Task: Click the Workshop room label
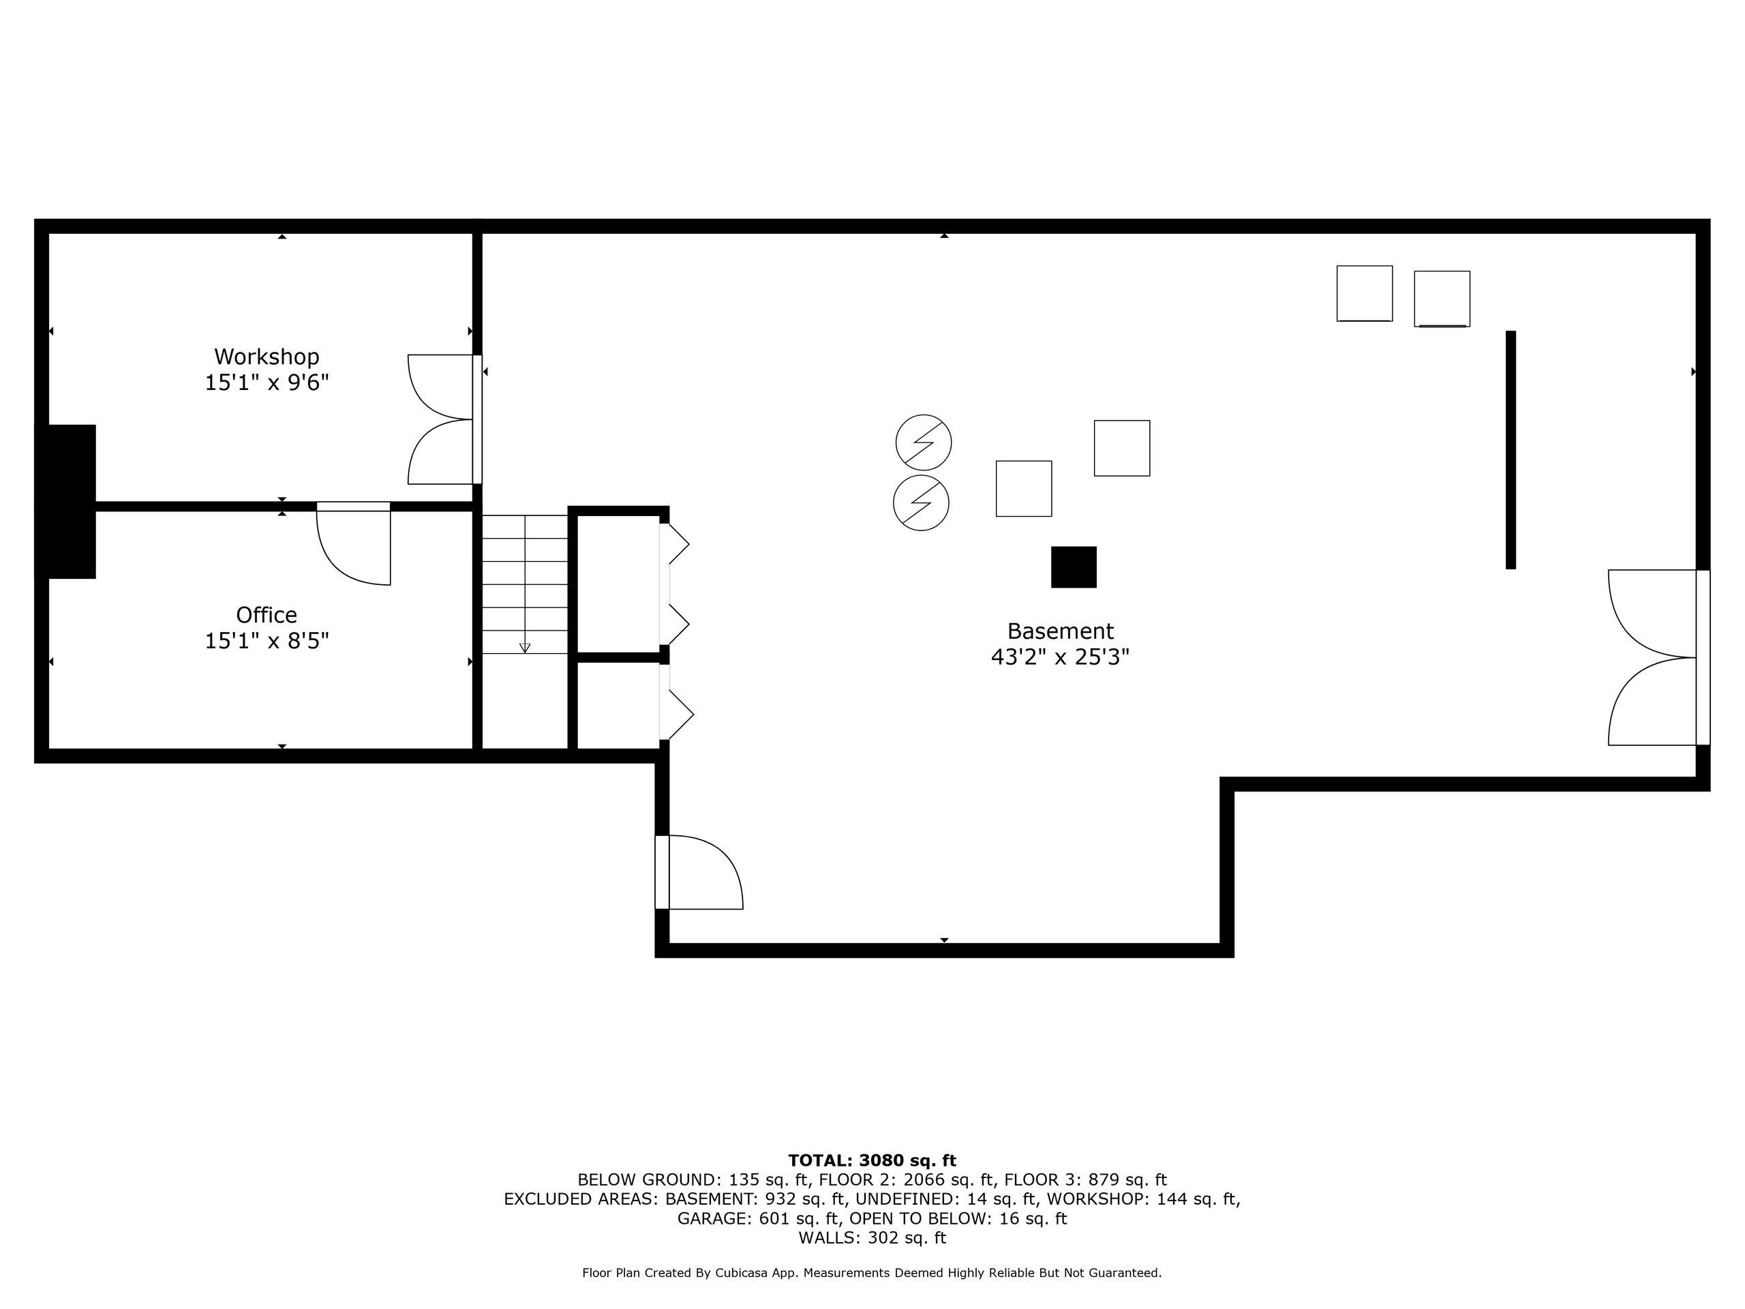267,357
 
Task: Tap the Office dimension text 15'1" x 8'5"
267,641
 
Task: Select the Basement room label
1060,631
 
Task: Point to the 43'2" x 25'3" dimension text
1060,657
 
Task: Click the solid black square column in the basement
1074,567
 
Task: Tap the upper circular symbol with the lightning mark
924,442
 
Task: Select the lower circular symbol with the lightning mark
921,502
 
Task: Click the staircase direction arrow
525,647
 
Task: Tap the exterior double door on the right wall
1653,657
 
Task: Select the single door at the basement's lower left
702,872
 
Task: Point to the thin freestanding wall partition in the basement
1511,450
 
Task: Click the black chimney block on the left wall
70,501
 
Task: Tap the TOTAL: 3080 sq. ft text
872,1160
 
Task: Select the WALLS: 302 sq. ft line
872,1238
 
